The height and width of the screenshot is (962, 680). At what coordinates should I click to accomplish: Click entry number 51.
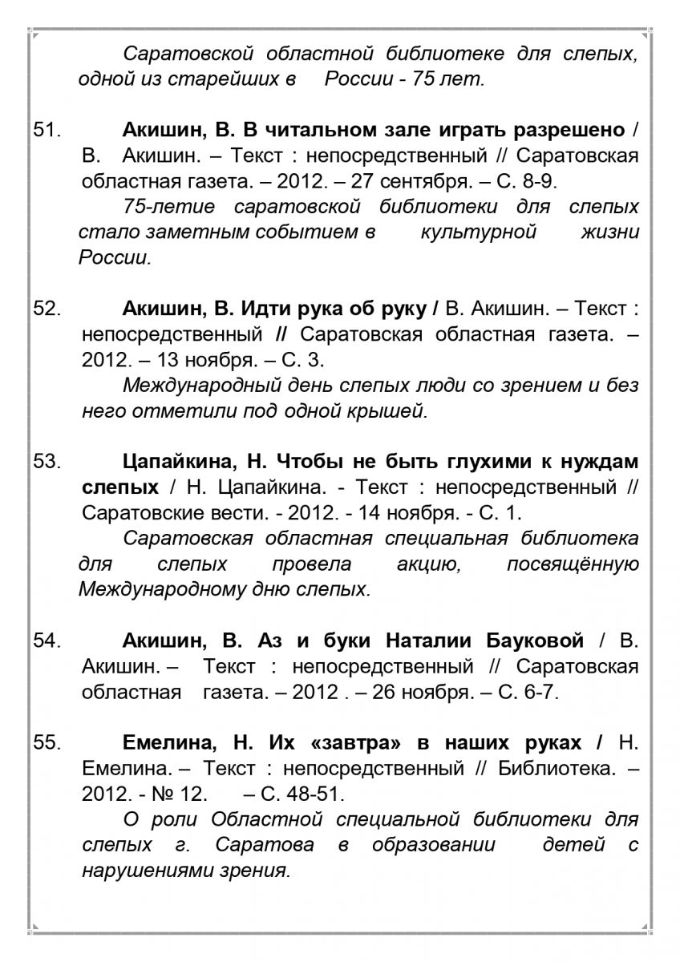click(48, 129)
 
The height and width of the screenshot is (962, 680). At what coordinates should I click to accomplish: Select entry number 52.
click(48, 308)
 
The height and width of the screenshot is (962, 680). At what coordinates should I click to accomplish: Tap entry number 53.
click(48, 461)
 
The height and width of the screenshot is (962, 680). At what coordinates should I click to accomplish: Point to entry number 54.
click(48, 641)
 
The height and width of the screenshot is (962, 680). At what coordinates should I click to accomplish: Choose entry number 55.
click(48, 743)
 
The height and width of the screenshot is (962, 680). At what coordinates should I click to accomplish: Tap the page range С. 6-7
click(526, 692)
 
